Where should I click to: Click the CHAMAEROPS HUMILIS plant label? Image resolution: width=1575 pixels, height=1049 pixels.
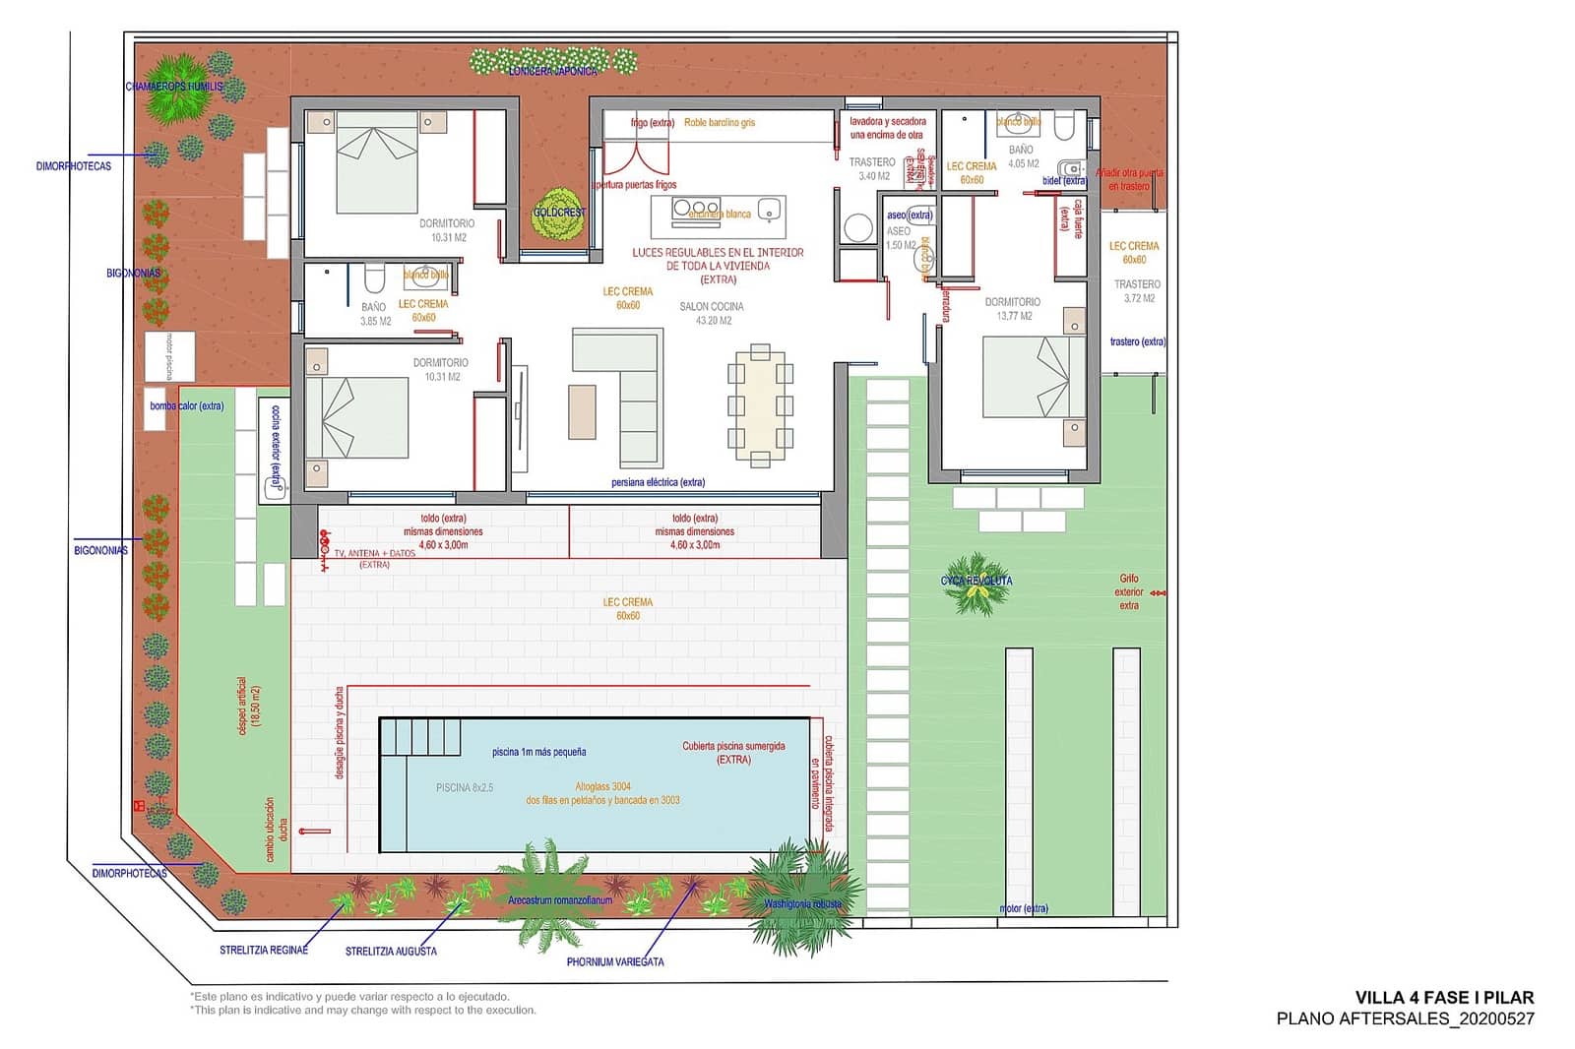tap(174, 87)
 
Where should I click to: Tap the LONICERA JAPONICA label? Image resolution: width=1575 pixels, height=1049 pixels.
tap(552, 71)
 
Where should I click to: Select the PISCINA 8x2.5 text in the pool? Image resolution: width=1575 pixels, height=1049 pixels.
tap(465, 788)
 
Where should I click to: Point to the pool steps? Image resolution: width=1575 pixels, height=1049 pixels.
tap(421, 737)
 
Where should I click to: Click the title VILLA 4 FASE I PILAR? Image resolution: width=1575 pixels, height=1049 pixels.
tap(1443, 997)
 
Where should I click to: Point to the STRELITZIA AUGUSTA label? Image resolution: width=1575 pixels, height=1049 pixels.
tap(391, 952)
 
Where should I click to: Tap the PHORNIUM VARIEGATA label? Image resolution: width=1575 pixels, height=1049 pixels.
tap(614, 961)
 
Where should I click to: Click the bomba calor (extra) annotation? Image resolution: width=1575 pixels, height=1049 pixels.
tap(186, 405)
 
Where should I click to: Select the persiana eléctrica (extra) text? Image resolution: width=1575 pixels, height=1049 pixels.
tap(658, 482)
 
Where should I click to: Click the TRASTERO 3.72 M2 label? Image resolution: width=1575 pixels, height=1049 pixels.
tap(1137, 290)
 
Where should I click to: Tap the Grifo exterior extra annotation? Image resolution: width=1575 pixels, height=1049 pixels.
tap(1129, 592)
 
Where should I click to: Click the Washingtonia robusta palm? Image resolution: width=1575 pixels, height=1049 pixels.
tap(802, 895)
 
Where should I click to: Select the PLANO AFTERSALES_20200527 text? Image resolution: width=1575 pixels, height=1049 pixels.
tap(1405, 1019)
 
